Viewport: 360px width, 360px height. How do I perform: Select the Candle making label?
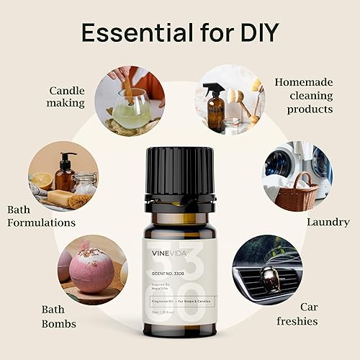(x=67, y=96)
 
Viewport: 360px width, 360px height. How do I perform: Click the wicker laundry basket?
(x=297, y=192)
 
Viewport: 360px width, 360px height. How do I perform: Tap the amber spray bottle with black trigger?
(x=215, y=108)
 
